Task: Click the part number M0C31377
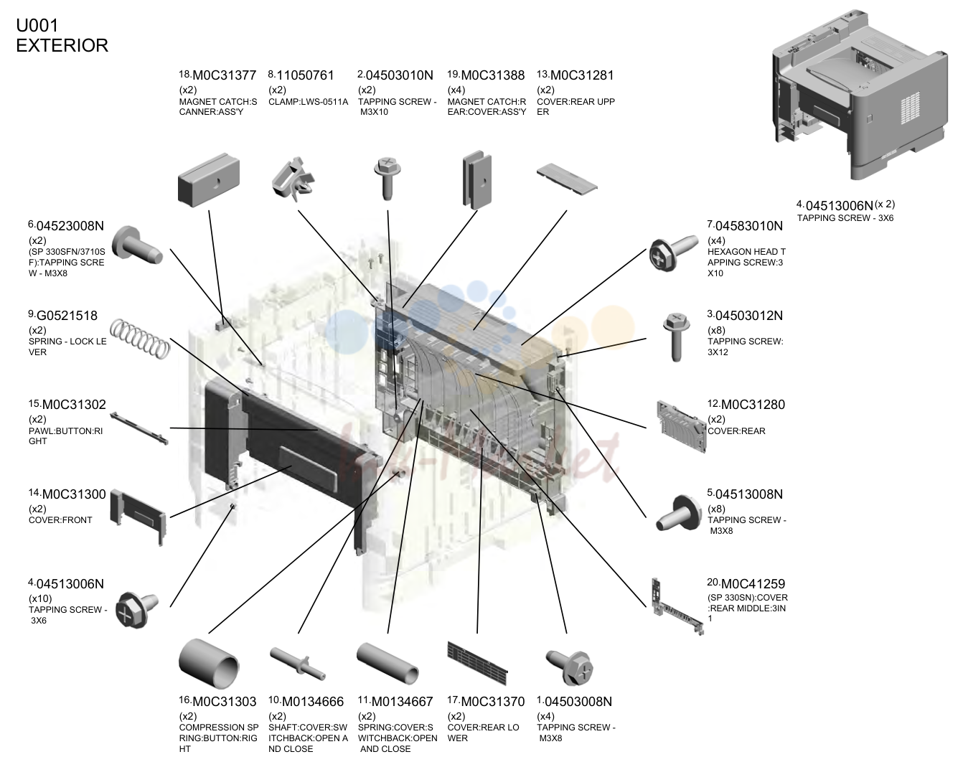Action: [224, 75]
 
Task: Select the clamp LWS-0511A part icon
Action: [293, 178]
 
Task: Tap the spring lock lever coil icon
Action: [140, 339]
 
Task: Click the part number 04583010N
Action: [749, 226]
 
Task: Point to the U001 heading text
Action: [37, 26]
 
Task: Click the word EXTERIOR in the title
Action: [62, 46]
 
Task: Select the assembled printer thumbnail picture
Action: [859, 94]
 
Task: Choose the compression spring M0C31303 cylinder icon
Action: [209, 663]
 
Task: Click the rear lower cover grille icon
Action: [477, 663]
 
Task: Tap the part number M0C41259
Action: [753, 584]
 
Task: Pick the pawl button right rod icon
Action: [139, 428]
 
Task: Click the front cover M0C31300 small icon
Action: [138, 517]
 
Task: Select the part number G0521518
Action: [67, 316]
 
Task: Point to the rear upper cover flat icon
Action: [567, 179]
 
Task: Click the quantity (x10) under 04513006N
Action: [40, 598]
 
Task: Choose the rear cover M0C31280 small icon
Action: [681, 426]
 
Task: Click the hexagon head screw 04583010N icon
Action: [672, 253]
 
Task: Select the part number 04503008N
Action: [578, 702]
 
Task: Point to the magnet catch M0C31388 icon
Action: [477, 180]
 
